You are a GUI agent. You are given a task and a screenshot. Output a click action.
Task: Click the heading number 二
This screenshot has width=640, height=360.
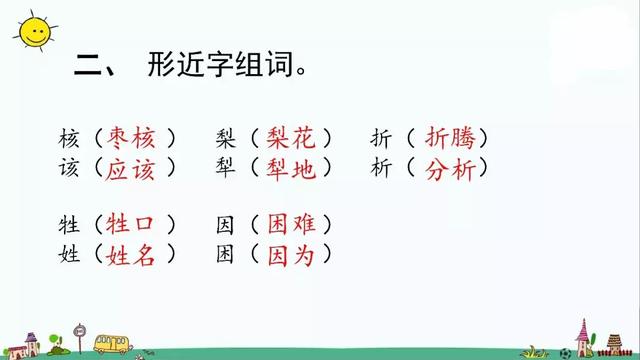pos(94,68)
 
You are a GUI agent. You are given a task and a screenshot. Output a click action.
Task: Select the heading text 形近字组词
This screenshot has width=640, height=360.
pos(226,67)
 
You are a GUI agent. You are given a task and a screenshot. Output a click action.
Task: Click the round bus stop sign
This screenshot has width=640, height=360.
pos(80,331)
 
